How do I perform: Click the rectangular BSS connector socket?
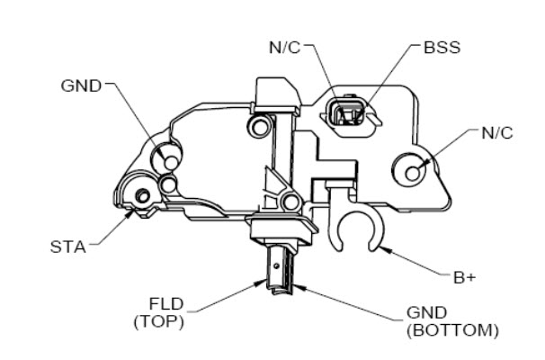347,115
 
